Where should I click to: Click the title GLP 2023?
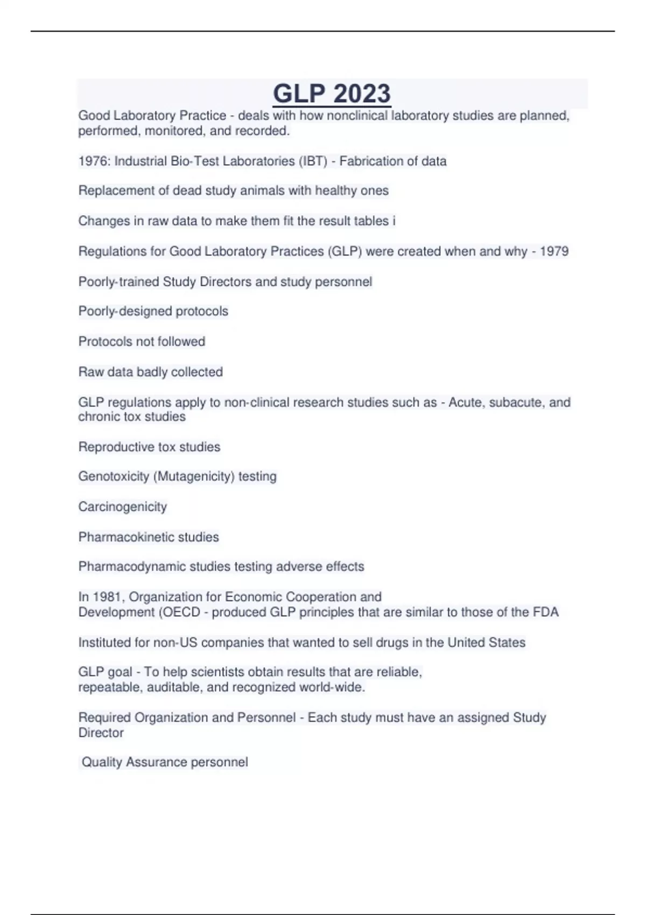click(332, 94)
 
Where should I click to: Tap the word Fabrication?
click(372, 161)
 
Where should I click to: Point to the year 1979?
click(554, 251)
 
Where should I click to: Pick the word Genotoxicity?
click(114, 476)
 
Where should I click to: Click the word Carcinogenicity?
click(123, 506)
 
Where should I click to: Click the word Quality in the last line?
click(102, 762)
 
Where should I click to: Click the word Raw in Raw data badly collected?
click(89, 372)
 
